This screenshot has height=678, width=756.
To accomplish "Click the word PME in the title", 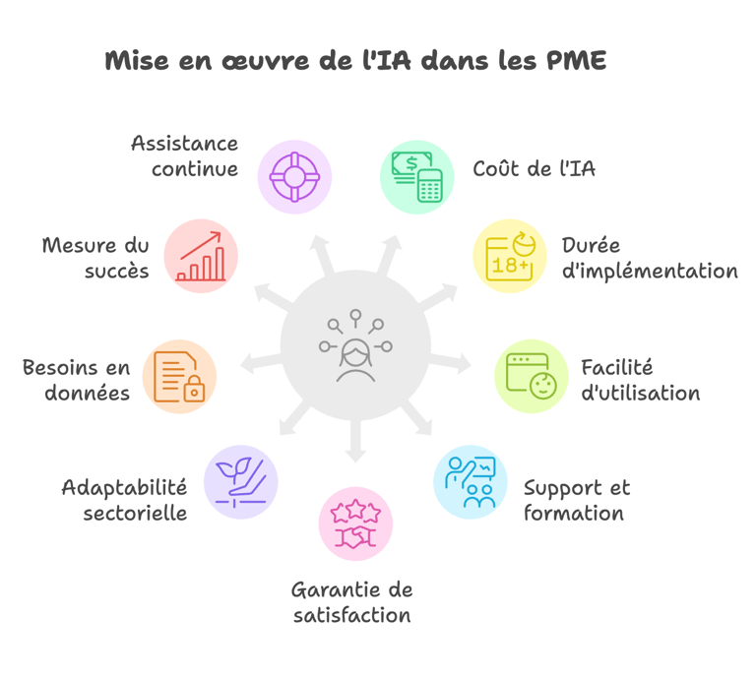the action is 576,61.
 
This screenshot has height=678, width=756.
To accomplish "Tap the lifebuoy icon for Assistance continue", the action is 294,177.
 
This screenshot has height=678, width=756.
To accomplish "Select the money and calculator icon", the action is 416,177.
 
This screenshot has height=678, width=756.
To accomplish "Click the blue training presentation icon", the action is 471,482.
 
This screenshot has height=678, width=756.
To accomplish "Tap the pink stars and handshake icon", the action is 355,524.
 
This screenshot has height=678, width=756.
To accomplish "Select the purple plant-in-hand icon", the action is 240,482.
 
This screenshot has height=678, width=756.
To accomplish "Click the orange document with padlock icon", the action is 179,376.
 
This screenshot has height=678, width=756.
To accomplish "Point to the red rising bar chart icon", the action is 201,256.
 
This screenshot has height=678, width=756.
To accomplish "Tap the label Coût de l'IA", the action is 534,168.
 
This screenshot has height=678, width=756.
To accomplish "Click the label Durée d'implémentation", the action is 649,258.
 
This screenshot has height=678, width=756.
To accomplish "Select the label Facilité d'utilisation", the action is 640,380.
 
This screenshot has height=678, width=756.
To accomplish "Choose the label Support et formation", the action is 576,500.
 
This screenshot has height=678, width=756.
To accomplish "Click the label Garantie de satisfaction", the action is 351,602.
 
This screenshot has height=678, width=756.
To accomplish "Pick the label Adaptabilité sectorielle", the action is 124,500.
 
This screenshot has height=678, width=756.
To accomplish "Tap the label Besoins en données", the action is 77,380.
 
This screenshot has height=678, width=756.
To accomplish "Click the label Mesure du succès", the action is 95,258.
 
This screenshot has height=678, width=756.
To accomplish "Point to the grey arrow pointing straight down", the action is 355,448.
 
